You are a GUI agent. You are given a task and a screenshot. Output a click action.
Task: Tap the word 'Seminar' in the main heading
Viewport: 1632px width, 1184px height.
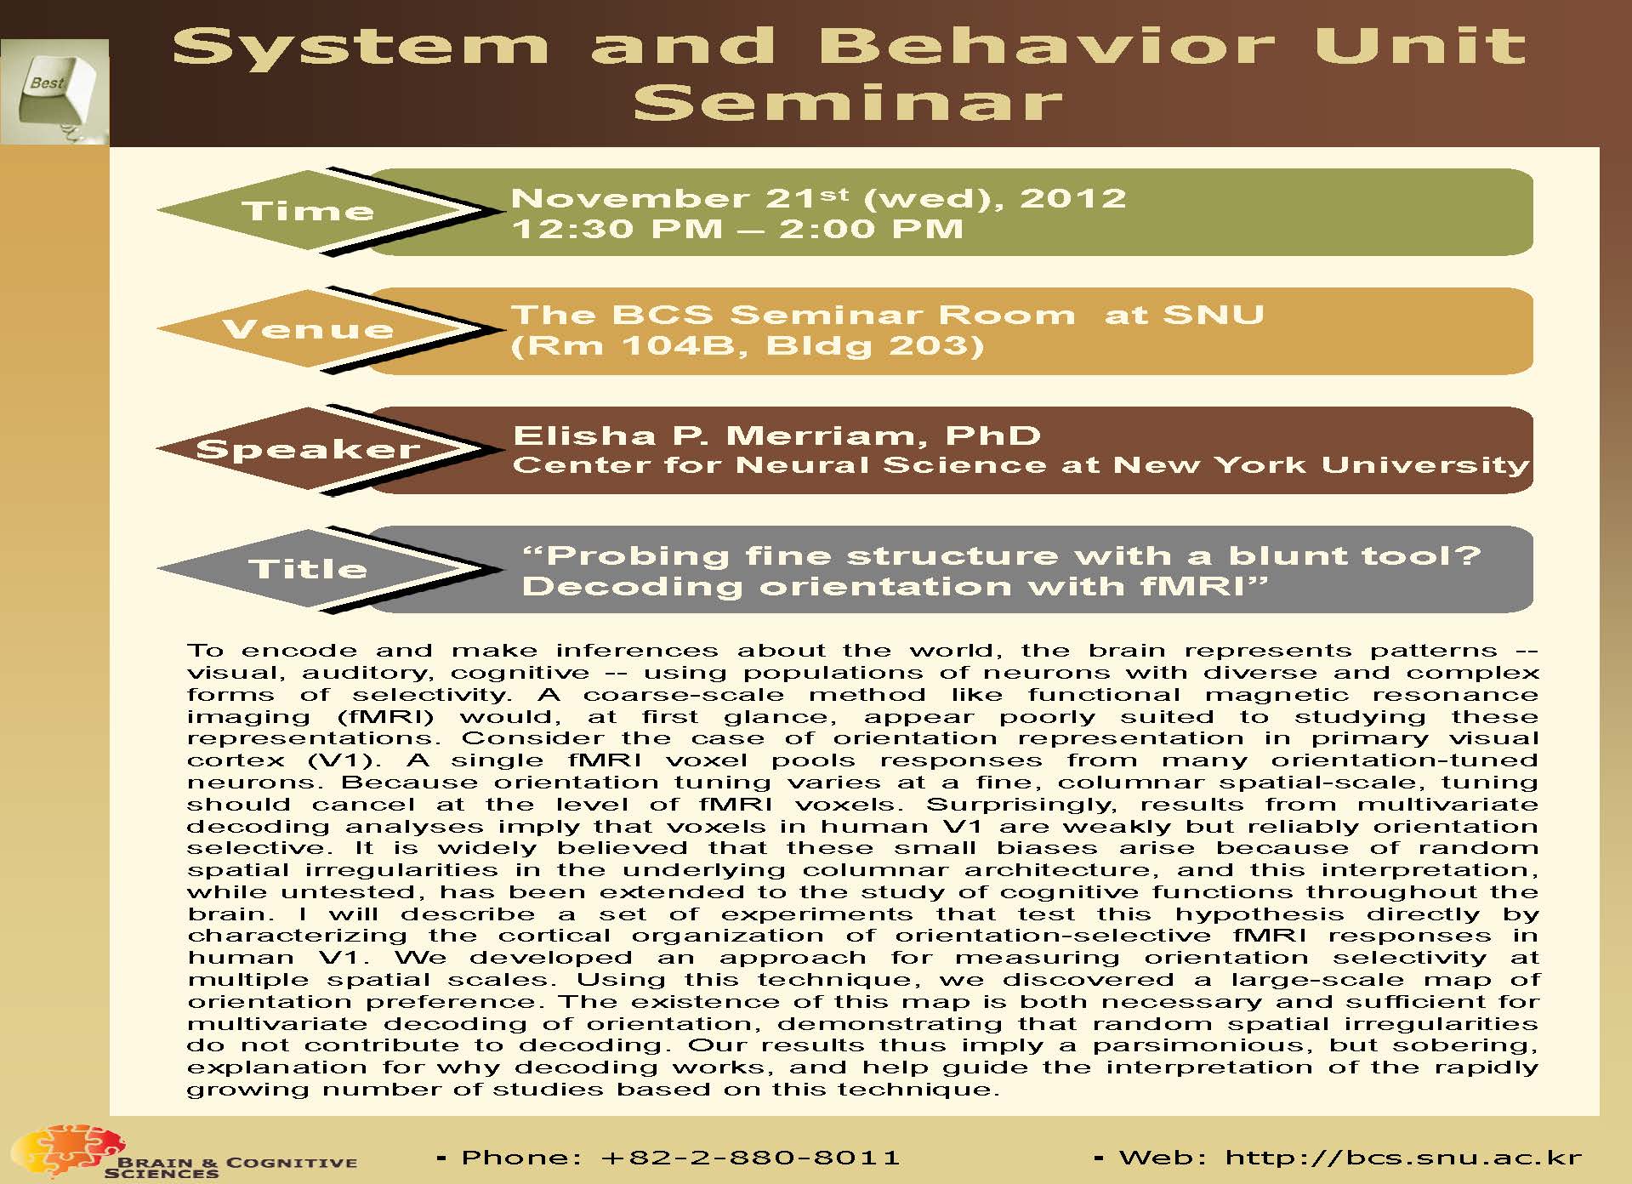point(848,103)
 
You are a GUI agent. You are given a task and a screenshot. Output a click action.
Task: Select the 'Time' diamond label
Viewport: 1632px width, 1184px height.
point(308,211)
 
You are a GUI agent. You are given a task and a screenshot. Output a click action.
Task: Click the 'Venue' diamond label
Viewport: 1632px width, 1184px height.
point(308,329)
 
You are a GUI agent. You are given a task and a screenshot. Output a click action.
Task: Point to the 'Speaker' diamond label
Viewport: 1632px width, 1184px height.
point(308,449)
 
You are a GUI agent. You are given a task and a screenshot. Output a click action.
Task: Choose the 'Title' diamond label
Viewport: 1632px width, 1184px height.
point(308,568)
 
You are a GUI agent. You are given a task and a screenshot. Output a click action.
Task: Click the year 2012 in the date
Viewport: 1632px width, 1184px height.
point(1072,198)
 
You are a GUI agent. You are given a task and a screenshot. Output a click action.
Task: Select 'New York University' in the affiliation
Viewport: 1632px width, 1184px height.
point(1320,465)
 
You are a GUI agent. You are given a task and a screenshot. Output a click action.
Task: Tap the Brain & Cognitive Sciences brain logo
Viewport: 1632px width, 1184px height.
point(72,1149)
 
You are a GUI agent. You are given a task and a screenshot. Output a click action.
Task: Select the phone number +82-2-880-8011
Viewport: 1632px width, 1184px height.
point(749,1158)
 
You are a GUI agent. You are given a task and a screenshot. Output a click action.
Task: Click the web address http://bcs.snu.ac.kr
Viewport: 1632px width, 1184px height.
point(1402,1158)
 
